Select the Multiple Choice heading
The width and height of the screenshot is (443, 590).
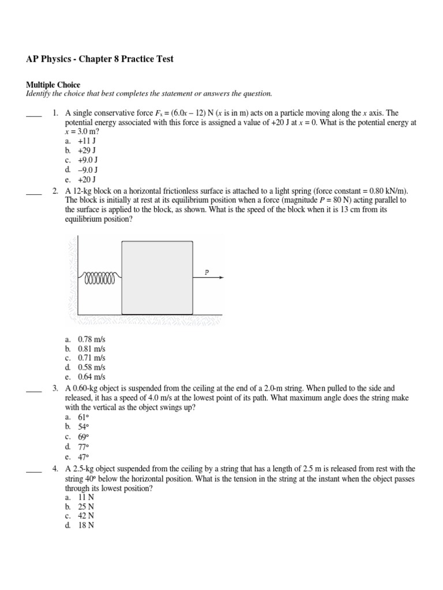53,85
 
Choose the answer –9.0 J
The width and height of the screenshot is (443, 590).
88,170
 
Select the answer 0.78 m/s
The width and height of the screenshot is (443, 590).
92,339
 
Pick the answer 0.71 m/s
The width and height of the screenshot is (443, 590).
92,358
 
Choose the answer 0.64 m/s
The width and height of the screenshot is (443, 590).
92,377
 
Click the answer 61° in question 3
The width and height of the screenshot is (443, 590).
84,417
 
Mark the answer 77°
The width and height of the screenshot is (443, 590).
84,447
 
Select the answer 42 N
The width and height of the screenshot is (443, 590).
86,516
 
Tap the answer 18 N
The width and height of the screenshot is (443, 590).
86,525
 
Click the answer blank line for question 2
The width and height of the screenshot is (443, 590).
34,195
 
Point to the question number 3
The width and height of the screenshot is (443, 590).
55,389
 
